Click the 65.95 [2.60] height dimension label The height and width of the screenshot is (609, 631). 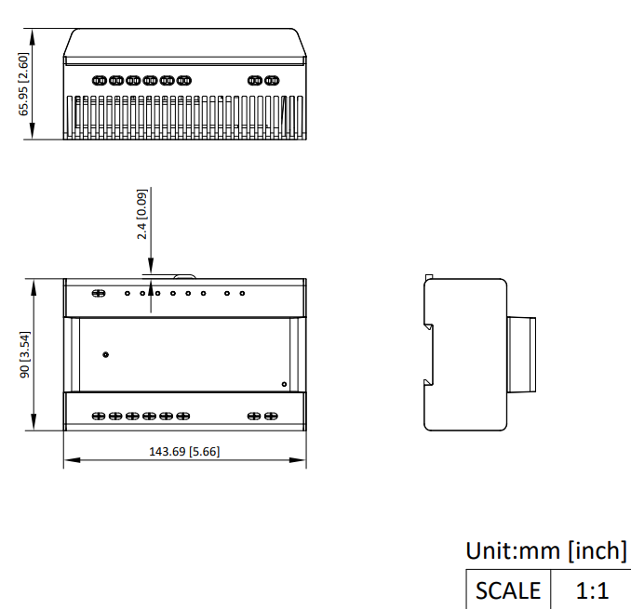(24, 84)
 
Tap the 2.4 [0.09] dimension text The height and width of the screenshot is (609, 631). (142, 214)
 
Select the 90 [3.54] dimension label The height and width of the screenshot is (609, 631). (25, 354)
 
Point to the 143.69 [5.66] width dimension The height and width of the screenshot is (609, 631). (184, 452)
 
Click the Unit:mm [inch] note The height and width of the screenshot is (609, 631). (546, 550)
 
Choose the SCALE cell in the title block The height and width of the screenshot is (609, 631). (508, 590)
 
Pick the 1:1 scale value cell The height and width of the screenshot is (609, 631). (591, 590)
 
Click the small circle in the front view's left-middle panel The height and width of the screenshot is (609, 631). (105, 354)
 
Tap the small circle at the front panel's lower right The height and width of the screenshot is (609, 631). (284, 384)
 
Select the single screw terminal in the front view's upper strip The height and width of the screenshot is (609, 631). (99, 294)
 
